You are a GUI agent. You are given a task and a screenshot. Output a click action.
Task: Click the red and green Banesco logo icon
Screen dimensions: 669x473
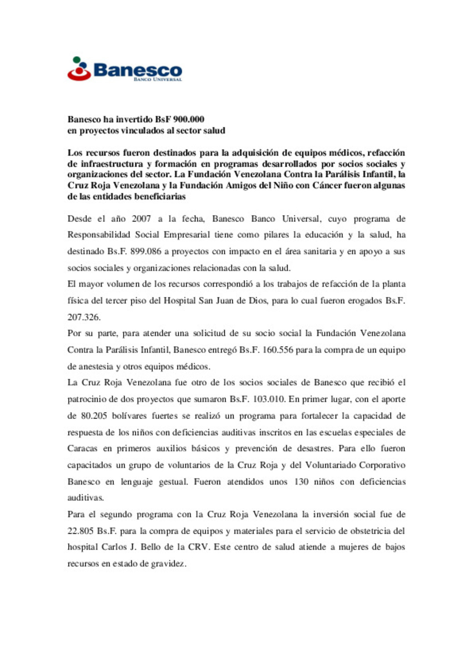click(x=79, y=69)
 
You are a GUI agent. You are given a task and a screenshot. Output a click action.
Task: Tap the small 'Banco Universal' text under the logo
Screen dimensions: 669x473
click(x=158, y=79)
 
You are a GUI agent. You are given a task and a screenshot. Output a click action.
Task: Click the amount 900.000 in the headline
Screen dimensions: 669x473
click(x=189, y=119)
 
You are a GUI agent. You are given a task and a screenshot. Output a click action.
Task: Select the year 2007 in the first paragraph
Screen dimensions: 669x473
click(x=141, y=218)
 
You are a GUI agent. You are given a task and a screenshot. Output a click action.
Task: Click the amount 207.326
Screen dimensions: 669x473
click(x=84, y=317)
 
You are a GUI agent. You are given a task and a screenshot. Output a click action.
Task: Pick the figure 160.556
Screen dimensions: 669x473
click(x=278, y=350)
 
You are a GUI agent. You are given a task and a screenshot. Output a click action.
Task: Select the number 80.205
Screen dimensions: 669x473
click(x=94, y=415)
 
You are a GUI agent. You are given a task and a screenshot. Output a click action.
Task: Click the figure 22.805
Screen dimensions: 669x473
click(x=80, y=531)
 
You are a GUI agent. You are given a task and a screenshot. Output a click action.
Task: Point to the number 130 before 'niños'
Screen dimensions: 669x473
click(x=301, y=482)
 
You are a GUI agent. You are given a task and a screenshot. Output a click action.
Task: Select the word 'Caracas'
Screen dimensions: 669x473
click(x=82, y=448)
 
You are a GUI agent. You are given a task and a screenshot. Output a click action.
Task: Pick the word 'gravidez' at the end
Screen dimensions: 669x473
click(x=168, y=563)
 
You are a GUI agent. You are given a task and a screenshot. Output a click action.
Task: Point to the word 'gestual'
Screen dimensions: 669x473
click(x=173, y=482)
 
